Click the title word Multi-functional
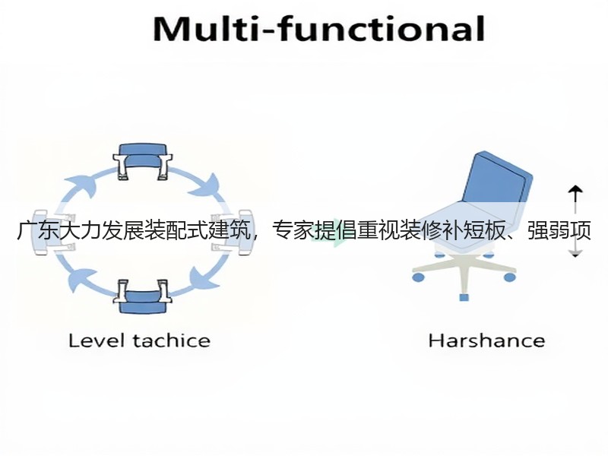[318, 29]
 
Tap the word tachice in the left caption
[172, 340]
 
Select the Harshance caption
[486, 340]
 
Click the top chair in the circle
[143, 162]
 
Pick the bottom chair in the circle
[143, 296]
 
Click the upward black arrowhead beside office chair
[575, 189]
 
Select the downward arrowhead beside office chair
[575, 254]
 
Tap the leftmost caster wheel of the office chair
[418, 277]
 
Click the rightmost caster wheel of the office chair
[509, 277]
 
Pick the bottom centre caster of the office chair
[464, 297]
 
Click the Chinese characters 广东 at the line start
[37, 230]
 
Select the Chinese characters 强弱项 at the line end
[559, 230]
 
